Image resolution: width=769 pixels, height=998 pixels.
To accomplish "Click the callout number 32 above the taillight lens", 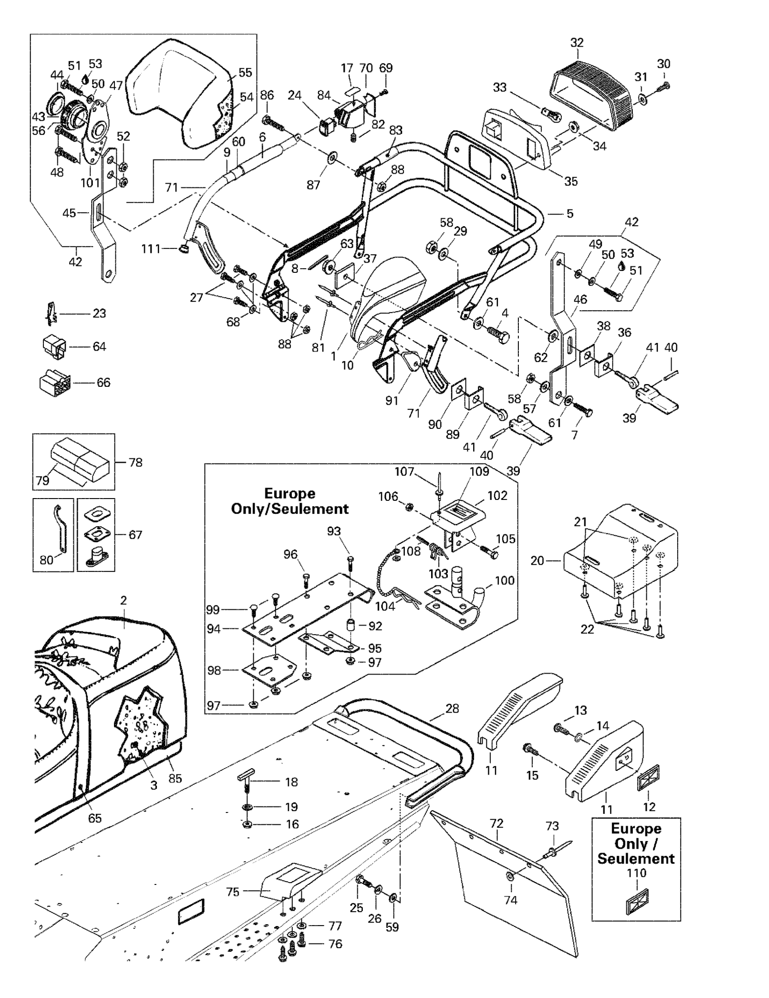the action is (577, 43).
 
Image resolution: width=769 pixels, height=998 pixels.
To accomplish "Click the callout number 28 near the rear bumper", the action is (452, 709).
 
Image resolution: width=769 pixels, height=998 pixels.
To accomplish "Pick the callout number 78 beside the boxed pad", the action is (135, 462).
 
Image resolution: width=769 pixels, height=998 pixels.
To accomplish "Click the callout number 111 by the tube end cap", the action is (151, 249).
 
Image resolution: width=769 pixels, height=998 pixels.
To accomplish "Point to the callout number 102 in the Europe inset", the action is (497, 495).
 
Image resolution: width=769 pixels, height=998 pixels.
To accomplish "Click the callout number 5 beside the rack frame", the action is (570, 214).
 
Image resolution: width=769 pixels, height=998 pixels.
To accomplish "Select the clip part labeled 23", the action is (52, 314).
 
